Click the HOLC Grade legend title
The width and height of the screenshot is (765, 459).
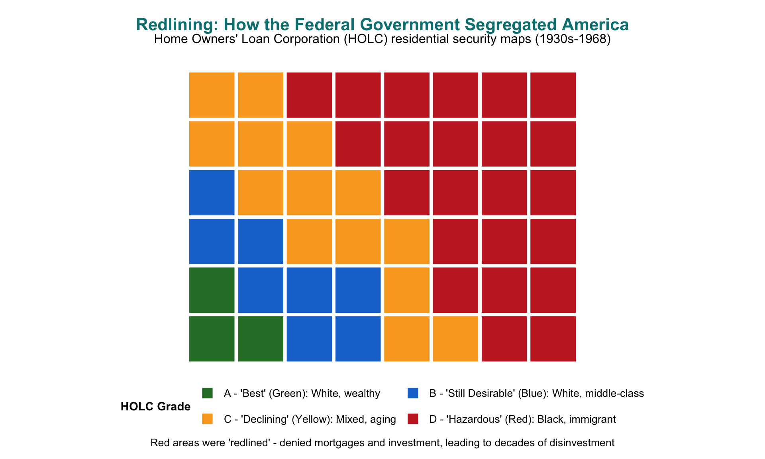click(155, 406)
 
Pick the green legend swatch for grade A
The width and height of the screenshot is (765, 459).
click(207, 393)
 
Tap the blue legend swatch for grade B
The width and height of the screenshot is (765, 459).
click(413, 393)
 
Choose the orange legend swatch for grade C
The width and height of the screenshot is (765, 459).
click(207, 419)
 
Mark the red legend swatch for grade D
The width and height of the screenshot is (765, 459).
click(413, 419)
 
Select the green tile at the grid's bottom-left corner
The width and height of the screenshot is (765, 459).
click(212, 339)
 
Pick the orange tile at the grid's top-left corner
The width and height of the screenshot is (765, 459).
click(212, 95)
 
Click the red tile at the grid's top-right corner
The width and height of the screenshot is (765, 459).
click(553, 95)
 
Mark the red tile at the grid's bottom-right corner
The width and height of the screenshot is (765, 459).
click(553, 339)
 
